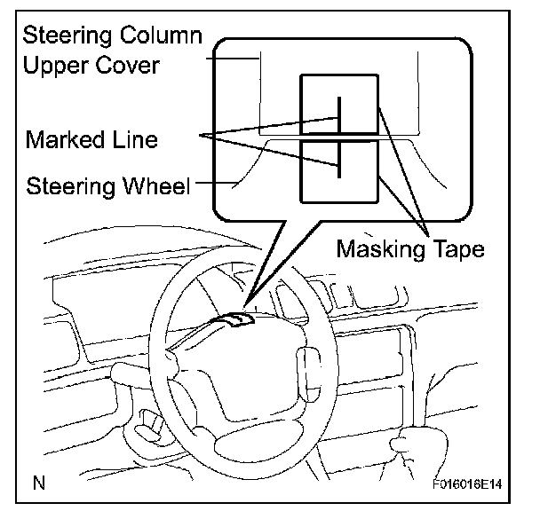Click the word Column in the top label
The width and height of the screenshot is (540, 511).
(x=161, y=35)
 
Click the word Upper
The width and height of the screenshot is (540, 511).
(x=56, y=66)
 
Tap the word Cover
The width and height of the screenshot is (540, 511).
(x=127, y=65)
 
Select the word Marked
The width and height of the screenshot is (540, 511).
(x=65, y=139)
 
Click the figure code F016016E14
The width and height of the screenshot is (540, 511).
(x=467, y=484)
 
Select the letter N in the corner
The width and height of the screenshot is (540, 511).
(x=39, y=483)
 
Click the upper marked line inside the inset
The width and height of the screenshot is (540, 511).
(x=339, y=115)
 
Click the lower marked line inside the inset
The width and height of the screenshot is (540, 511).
(x=339, y=159)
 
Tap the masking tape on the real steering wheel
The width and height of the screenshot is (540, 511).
(x=238, y=319)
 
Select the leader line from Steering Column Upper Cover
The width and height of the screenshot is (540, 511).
(x=233, y=59)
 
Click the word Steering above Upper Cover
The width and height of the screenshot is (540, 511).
(x=67, y=36)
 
